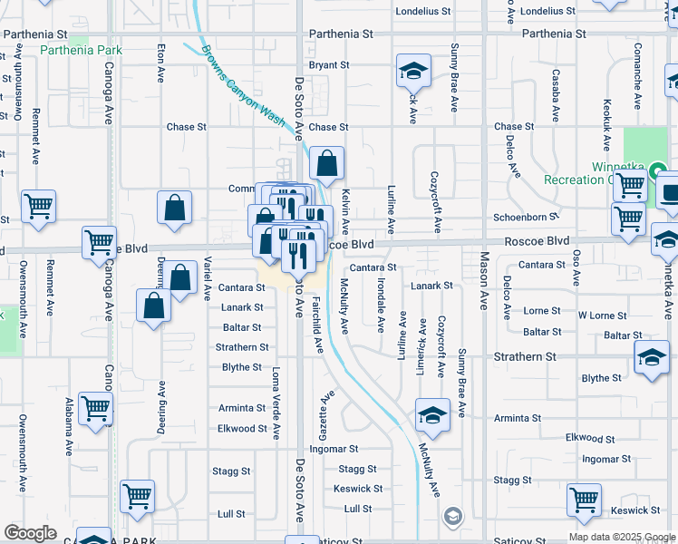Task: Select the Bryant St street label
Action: [329, 65]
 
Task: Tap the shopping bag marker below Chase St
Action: [327, 164]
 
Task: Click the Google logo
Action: [31, 533]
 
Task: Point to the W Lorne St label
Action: [602, 316]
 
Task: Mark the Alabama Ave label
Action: [69, 426]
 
